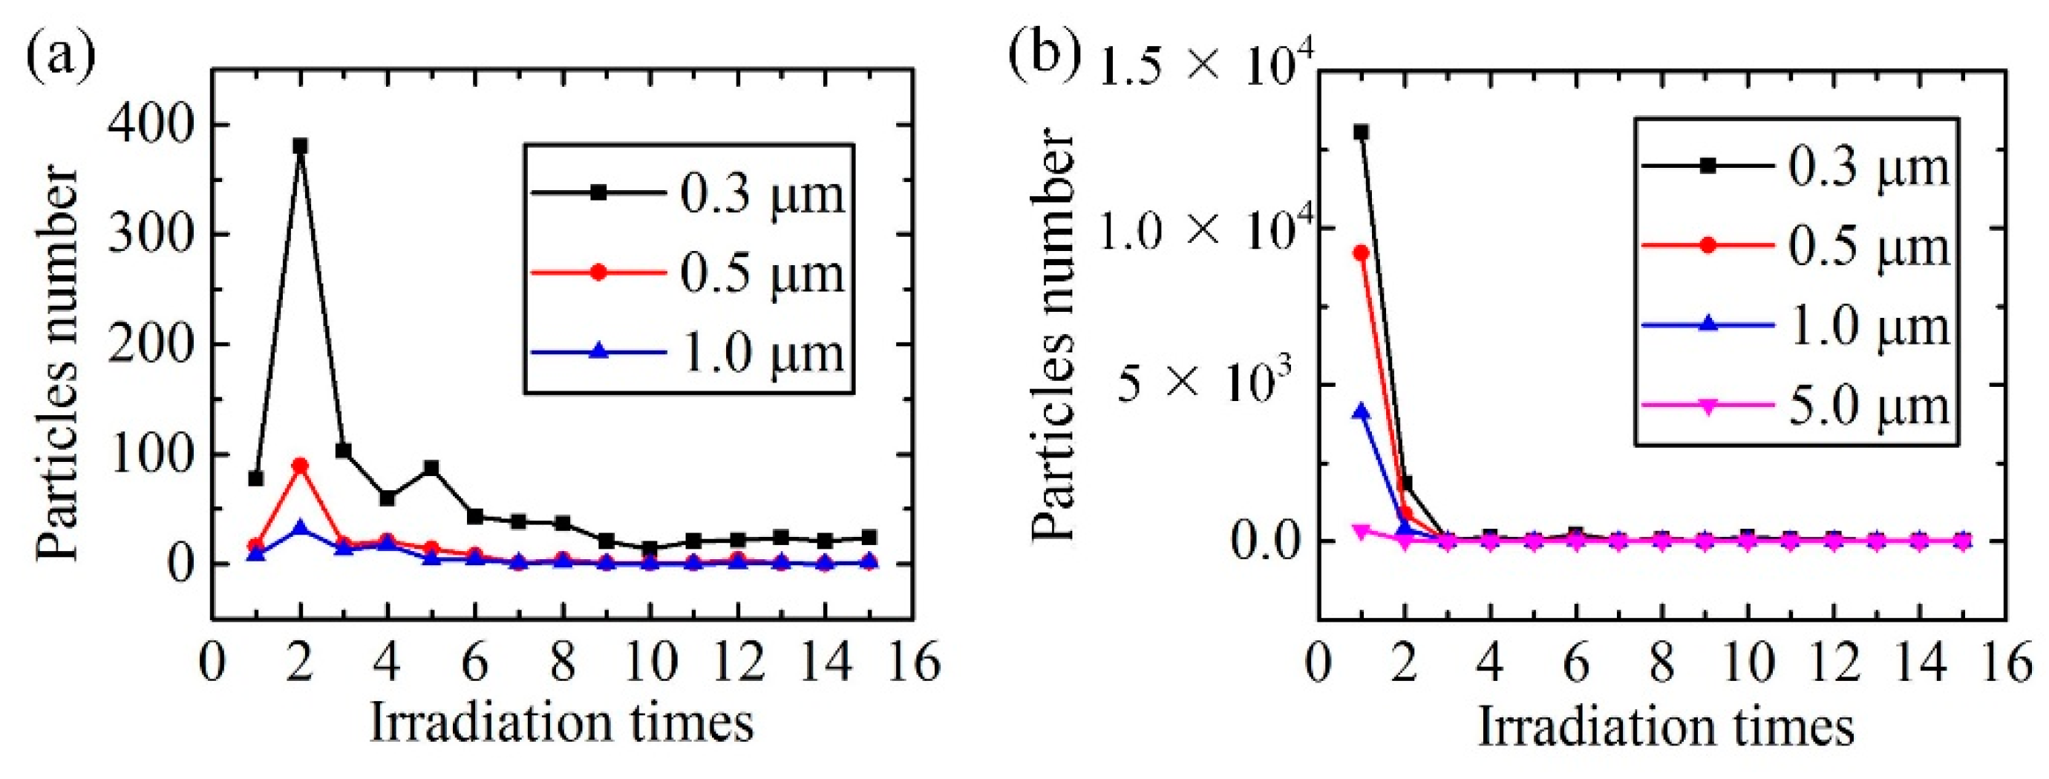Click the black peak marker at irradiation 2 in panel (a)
click(300, 146)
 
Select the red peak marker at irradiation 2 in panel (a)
click(300, 466)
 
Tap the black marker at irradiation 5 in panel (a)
click(431, 467)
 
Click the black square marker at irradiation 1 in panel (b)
click(1362, 132)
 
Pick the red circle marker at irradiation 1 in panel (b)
click(1362, 253)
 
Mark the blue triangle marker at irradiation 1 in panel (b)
click(1362, 411)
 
